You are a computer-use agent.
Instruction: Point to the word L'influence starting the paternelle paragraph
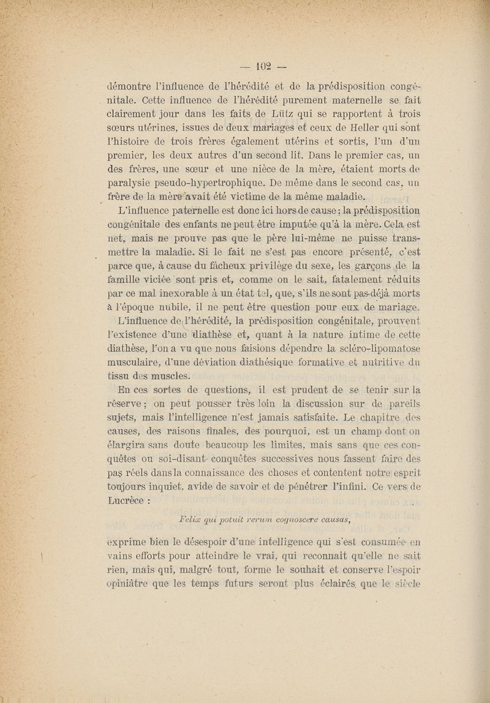click(x=136, y=212)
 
